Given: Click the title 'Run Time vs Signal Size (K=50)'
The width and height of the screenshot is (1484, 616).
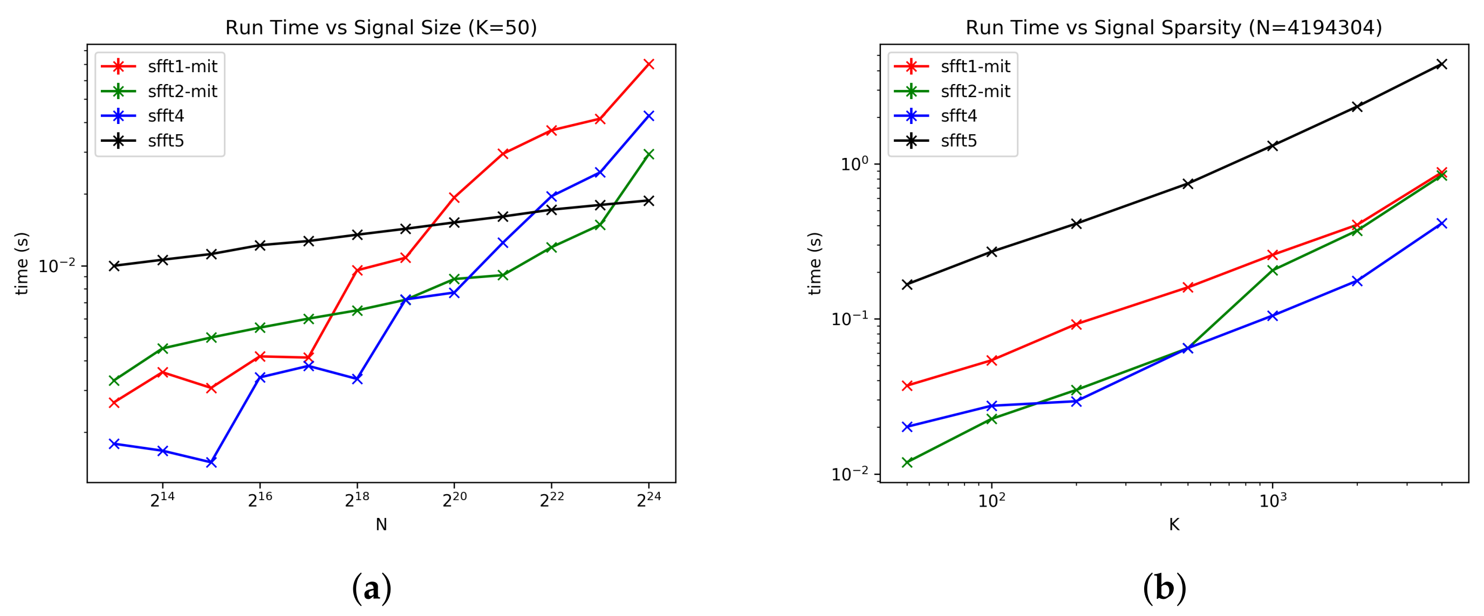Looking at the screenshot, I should (381, 27).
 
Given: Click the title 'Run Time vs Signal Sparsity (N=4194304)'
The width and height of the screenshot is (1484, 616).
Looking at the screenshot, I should (1173, 27).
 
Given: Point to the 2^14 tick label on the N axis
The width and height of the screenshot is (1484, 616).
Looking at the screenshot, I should (162, 500).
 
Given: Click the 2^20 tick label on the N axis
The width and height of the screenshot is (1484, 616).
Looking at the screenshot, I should (455, 500).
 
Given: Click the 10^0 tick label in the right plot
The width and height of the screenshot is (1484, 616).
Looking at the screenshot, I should (854, 164).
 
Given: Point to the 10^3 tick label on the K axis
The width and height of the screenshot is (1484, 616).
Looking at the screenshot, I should (1273, 500).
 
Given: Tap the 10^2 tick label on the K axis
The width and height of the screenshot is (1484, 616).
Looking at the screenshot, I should (991, 500).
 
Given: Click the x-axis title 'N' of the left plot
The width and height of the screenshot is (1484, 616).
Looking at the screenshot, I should (381, 524).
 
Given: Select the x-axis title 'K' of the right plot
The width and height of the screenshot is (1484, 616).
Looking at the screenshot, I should (1174, 524).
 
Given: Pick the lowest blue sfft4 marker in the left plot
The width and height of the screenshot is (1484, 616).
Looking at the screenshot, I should (211, 462).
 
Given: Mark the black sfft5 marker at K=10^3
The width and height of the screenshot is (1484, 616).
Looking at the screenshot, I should (1273, 146).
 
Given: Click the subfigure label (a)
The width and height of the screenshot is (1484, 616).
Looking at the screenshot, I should (372, 589).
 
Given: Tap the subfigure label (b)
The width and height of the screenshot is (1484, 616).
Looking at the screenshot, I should (1164, 589).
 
